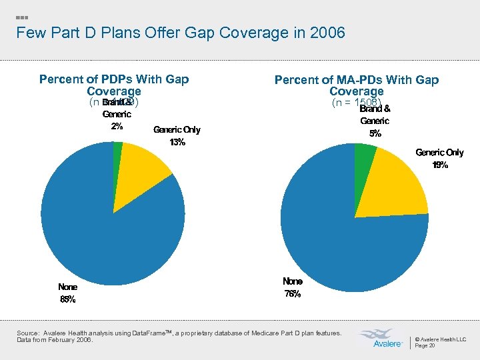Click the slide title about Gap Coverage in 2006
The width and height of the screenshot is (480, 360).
point(180,33)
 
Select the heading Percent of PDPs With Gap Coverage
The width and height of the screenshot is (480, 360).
point(114,85)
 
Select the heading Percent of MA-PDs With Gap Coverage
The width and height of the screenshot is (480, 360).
point(357,85)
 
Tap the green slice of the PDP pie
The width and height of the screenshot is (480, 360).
point(118,151)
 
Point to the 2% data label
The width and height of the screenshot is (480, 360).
point(117,127)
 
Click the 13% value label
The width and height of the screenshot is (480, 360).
point(177,142)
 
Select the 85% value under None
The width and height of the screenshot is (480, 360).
point(67,299)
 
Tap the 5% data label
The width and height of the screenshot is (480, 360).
point(375,133)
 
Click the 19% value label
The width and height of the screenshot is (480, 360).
point(439,165)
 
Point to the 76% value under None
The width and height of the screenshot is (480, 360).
point(292,294)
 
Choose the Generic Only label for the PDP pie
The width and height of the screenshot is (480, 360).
point(177,129)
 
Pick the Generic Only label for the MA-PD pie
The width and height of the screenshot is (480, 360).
point(439,153)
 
